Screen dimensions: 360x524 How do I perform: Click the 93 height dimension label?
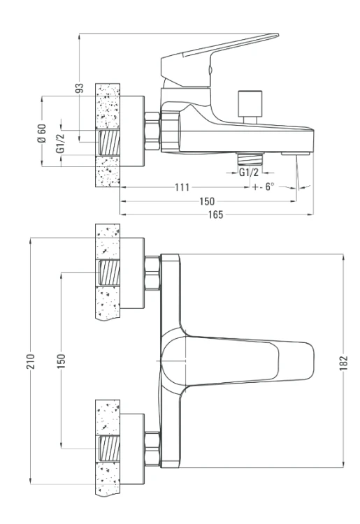tap(79, 88)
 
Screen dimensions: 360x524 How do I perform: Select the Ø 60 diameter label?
tap(42, 133)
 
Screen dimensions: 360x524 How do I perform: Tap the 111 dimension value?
tap(182, 187)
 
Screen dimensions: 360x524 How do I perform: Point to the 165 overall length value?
tap(215, 214)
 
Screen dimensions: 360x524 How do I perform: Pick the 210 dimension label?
tap(31, 361)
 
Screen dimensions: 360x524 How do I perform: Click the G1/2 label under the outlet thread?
tap(249, 173)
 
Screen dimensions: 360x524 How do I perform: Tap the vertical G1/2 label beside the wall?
tap(61, 143)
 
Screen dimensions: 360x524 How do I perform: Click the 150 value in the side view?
tap(207, 201)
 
